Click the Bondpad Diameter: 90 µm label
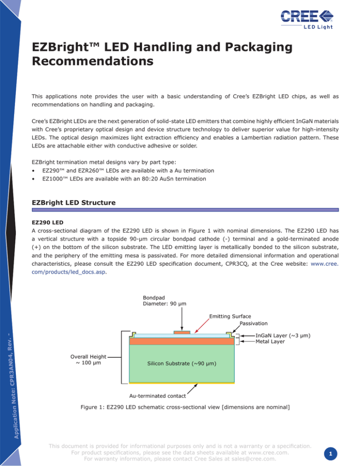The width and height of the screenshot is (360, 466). (x=164, y=300)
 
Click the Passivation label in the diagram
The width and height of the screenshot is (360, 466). (x=254, y=323)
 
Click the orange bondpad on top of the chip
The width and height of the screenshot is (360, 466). (x=182, y=332)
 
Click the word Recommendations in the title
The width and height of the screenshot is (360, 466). (x=92, y=61)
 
